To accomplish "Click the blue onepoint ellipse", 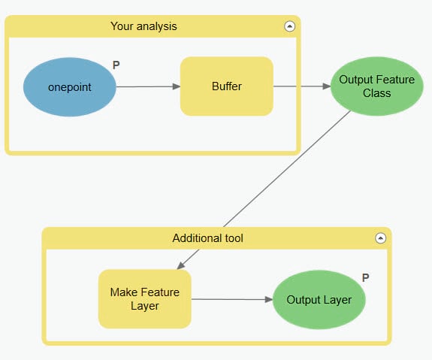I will point(70,86).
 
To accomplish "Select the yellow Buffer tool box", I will point(226,86).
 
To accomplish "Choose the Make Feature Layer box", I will point(144,298).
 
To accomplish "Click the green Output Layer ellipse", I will point(319,300).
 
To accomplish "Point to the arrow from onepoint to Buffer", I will point(148,86).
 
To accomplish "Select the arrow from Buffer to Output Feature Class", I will point(301,86).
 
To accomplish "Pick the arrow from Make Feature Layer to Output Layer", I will point(231,299).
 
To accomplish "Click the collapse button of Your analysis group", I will point(289,26).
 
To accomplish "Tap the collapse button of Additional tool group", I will point(380,238).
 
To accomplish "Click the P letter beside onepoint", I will point(116,65).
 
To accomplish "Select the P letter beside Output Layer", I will point(365,277).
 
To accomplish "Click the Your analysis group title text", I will point(143,26).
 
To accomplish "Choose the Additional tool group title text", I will point(207,238).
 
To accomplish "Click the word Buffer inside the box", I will point(226,86).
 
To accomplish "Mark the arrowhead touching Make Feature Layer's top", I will point(180,265).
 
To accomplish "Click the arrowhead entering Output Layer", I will point(268,299).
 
